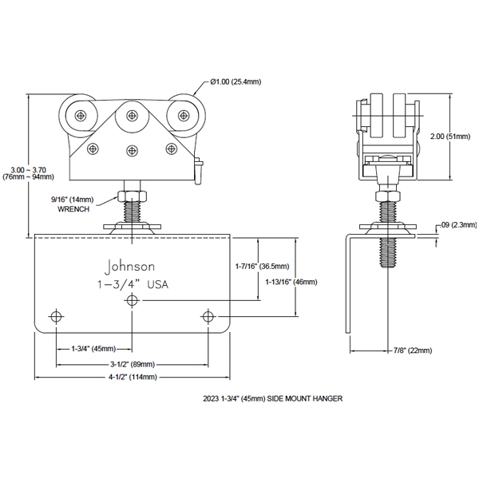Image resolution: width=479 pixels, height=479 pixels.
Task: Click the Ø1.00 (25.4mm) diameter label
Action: click(236, 82)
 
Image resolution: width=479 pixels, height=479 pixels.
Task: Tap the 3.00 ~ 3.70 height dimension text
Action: click(29, 170)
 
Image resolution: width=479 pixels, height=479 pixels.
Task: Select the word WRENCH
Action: click(73, 209)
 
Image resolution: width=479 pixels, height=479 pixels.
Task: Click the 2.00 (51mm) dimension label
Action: click(450, 137)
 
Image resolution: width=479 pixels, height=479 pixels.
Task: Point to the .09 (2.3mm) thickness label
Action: click(458, 225)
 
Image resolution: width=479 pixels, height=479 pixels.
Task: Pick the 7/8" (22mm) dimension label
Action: click(413, 350)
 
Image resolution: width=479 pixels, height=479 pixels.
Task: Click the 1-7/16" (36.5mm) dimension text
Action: click(262, 267)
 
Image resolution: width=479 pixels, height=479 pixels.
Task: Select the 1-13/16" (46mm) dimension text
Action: click(291, 282)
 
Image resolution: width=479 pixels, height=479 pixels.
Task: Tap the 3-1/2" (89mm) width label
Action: click(133, 365)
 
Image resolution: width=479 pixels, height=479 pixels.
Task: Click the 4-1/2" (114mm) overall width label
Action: click(133, 378)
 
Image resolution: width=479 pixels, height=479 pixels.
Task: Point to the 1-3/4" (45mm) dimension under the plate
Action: click(93, 349)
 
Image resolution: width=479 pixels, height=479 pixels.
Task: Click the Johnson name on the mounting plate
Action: click(129, 267)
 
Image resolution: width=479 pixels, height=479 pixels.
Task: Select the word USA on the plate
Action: click(157, 285)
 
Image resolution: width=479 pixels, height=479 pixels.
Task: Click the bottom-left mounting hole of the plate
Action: click(56, 316)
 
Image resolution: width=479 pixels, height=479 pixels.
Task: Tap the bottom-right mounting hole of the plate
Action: click(208, 316)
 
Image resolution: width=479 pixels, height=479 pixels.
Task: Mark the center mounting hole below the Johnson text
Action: click(132, 301)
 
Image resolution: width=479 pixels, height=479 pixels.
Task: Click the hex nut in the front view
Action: click(133, 196)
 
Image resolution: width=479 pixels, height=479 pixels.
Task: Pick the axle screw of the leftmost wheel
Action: click(81, 116)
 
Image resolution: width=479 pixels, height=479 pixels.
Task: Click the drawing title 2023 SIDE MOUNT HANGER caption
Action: click(272, 398)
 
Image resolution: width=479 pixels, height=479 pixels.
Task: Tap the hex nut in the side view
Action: click(387, 196)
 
